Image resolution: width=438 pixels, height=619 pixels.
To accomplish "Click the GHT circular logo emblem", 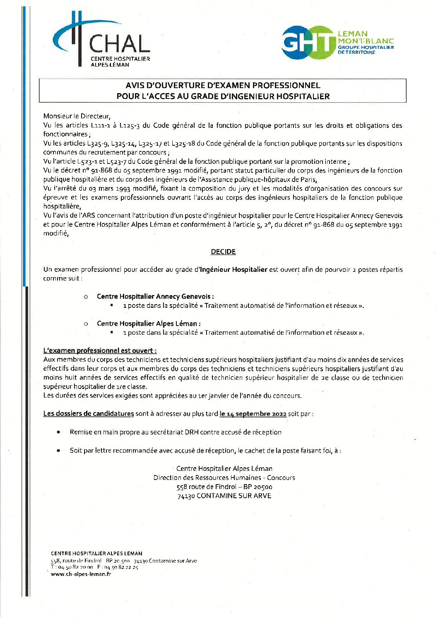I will point(308,42).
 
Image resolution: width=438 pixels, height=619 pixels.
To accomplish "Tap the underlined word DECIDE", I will point(223,252).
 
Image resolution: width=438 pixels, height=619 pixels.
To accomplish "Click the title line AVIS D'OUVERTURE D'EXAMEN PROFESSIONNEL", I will point(223,85).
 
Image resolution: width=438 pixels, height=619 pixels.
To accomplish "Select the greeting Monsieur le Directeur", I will point(77,116).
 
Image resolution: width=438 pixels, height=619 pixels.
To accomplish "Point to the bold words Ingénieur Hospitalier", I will point(233,269).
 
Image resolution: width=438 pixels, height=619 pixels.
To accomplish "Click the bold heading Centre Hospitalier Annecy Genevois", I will point(154,296).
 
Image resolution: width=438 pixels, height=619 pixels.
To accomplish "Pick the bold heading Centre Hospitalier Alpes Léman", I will point(148,324).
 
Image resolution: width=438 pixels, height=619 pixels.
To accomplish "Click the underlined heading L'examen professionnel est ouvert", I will point(100,350).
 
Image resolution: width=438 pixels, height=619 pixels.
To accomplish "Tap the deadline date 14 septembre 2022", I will point(253,414).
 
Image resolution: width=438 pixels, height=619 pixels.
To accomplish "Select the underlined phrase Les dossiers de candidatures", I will point(89,414).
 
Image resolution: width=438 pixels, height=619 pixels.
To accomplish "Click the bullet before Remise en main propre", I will point(58,432).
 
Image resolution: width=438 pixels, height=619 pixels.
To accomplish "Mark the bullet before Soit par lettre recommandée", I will point(58,450).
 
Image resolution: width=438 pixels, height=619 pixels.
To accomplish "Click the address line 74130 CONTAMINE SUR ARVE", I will point(224,496).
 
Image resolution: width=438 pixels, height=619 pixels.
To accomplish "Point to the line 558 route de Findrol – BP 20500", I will point(224,487).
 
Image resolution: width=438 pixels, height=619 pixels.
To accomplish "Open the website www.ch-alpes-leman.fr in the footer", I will point(81,574).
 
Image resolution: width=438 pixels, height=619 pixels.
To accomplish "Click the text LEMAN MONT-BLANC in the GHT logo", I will point(365,37).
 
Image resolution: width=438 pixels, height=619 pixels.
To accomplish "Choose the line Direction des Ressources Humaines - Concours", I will point(224,477).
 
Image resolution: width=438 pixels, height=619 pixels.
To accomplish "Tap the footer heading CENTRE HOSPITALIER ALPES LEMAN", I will point(96,553).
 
